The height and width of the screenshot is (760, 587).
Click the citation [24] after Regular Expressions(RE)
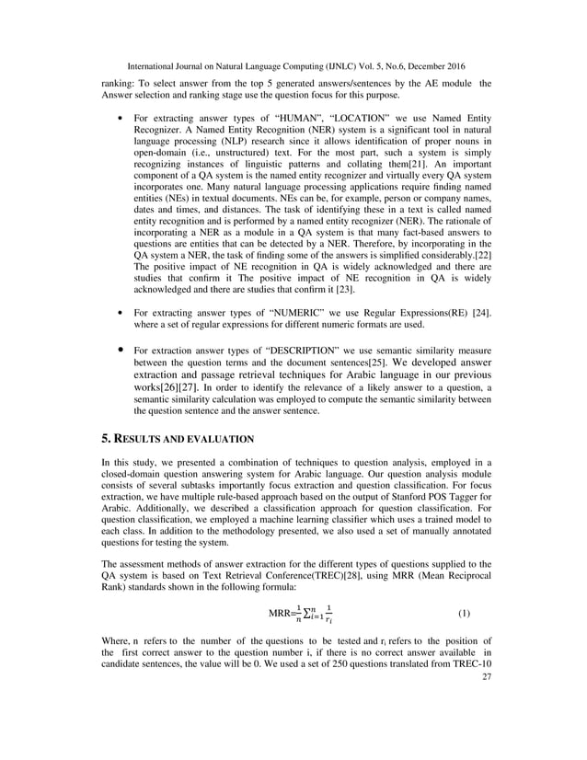480,314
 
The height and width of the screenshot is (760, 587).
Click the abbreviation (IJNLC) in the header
346,67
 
